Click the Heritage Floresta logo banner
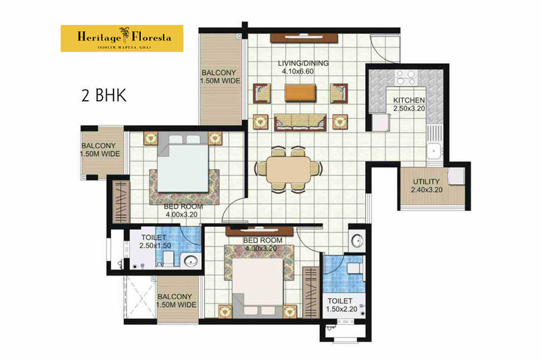pos(122,39)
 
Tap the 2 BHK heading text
pos(104,95)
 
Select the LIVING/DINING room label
pos(303,63)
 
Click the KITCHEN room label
pos(409,100)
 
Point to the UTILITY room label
pos(427,181)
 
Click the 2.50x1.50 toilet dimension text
pos(156,246)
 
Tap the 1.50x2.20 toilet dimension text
pos(342,309)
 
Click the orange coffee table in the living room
pos(300,93)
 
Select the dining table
pos(289,170)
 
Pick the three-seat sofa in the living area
pos(300,122)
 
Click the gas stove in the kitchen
pos(406,77)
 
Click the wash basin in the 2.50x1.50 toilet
pos(191,261)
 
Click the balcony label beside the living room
pos(220,76)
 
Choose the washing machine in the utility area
pos(456,176)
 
